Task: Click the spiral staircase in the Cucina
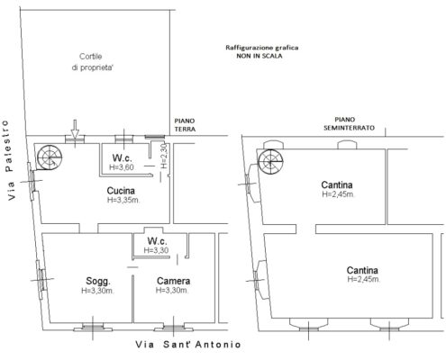coord(50,157)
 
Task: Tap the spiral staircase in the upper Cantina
coord(270,162)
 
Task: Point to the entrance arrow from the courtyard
coord(75,129)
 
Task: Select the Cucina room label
coord(121,191)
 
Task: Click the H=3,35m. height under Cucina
coord(123,200)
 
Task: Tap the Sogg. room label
coord(98,282)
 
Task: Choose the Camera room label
coord(173,281)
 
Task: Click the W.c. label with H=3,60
coord(122,158)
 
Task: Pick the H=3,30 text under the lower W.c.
coord(156,250)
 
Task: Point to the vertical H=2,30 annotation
coord(164,156)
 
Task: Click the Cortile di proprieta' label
coord(92,62)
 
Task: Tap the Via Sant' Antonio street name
coord(188,345)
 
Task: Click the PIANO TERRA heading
coord(185,125)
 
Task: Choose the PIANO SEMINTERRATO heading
coord(349,124)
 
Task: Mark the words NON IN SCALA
coord(259,56)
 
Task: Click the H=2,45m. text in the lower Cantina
coord(364,279)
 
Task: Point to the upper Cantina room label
coord(337,184)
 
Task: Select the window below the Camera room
coord(174,327)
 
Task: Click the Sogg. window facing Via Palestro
coord(41,279)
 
